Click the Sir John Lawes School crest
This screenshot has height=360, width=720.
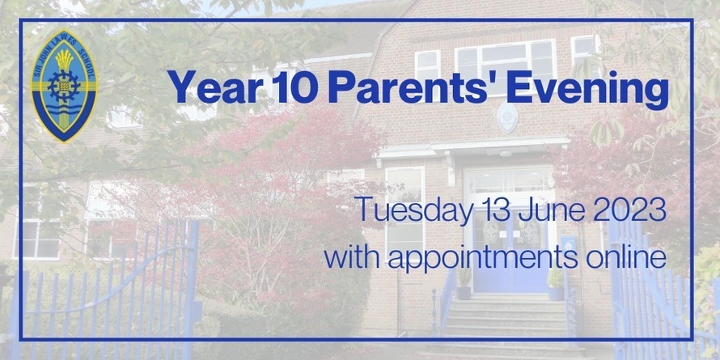point(64,86)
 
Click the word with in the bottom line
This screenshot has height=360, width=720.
point(348,258)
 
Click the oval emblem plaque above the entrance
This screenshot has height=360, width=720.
point(507,118)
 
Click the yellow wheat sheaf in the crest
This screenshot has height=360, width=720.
point(64,60)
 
